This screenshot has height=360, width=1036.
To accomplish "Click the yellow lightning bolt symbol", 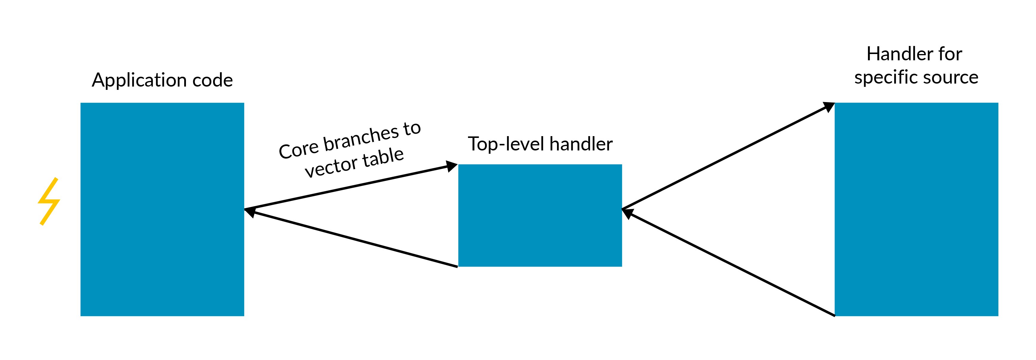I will (x=49, y=201).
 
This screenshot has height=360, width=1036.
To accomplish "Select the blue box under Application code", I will (x=162, y=209).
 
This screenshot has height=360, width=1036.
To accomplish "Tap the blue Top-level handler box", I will (x=540, y=215).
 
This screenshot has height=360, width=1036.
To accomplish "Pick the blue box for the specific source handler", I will (x=916, y=209).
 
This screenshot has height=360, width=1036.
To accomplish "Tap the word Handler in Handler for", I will (x=896, y=54).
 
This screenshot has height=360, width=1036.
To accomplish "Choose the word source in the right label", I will (x=955, y=77).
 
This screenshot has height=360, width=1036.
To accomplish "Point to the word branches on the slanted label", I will (x=361, y=139).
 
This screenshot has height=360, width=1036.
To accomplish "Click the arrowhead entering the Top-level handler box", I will (x=452, y=167).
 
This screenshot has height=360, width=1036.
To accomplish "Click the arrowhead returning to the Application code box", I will (x=250, y=211).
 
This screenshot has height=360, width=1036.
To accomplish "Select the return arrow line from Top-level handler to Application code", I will (x=354, y=239).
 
